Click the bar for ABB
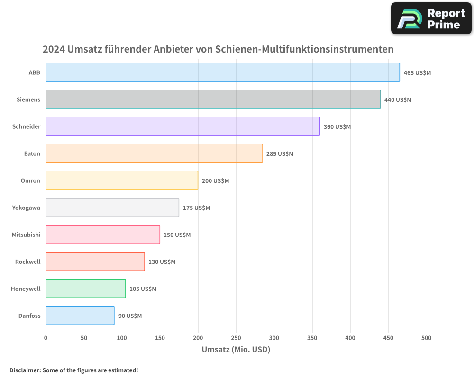point(223,72)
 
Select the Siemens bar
point(213,99)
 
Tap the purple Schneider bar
point(183,126)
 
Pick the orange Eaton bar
point(154,153)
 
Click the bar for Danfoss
point(80,316)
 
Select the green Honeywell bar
point(86,289)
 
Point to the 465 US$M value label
point(417,73)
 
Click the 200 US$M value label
point(215,181)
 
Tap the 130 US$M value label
point(162,262)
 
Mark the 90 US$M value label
point(130,316)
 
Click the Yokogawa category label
point(26,208)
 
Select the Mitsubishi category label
point(26,235)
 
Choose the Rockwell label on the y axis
point(27,262)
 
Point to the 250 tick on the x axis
point(236,338)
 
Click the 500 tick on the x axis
point(426,338)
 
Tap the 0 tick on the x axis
point(46,338)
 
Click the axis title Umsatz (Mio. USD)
point(236,350)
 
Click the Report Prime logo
point(431,18)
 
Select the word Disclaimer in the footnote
point(25,370)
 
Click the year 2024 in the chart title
point(54,49)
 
